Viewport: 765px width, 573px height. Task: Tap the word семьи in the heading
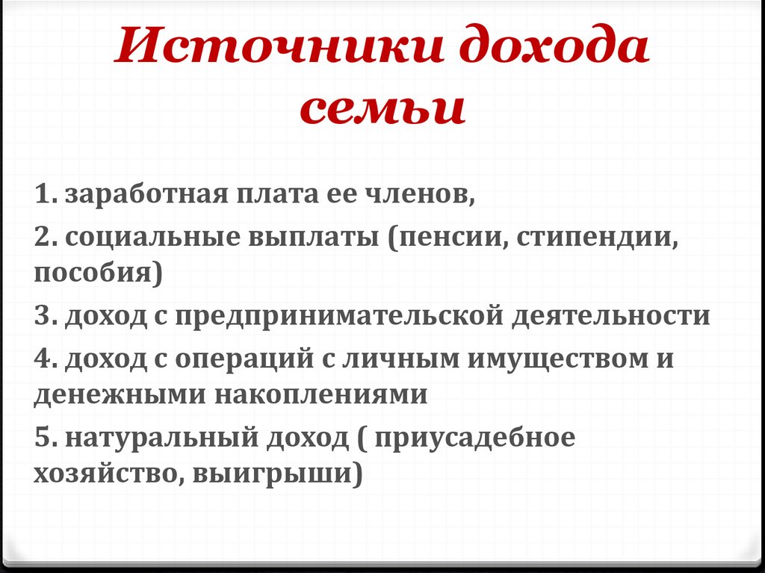[382, 108]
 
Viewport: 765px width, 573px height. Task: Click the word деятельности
[610, 316]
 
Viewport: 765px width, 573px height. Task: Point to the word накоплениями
[322, 394]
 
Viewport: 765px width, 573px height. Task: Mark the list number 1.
[42, 196]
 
